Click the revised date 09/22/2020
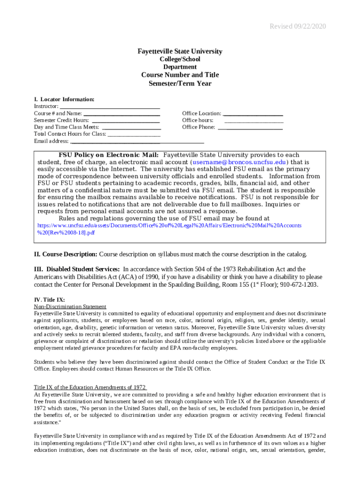(297, 26)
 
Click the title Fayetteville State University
(180, 51)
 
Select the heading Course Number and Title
(180, 75)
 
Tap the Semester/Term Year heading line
(180, 84)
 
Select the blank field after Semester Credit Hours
(126, 120)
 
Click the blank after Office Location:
(253, 114)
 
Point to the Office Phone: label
(199, 127)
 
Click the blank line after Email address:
(137, 141)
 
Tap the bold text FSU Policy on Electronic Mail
(108, 155)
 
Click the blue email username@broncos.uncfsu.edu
(239, 162)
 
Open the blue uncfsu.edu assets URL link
(169, 225)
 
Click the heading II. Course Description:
(65, 254)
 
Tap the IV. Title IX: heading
(50, 299)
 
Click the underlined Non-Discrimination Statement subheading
(70, 306)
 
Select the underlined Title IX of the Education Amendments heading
(90, 387)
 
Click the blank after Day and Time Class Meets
(131, 127)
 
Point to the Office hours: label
(198, 120)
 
